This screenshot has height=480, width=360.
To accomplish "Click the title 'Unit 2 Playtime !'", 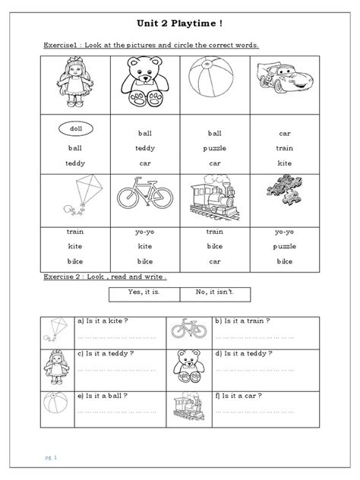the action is coord(180,24).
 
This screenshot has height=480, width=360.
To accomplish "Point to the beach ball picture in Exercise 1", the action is coord(215,84).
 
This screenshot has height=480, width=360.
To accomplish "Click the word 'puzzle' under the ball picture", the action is coord(215,148).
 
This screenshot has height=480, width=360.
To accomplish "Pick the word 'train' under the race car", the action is coord(285,148).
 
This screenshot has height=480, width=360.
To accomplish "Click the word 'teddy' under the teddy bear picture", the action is coord(144,148).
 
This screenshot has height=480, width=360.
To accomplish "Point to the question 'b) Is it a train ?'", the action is coord(244,321).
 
